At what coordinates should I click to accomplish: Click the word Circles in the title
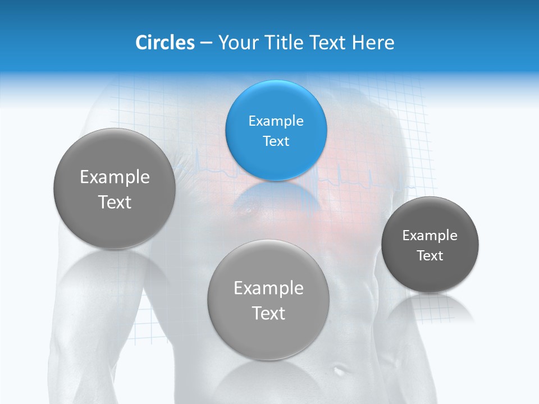point(165,43)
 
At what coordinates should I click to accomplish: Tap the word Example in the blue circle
point(276,121)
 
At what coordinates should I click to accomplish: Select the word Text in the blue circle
point(276,141)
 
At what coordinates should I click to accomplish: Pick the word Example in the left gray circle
point(115,177)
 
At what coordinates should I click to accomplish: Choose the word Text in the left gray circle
point(115,202)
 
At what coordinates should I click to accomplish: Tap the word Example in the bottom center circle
point(268,288)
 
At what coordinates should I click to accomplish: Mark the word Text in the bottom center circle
point(268,313)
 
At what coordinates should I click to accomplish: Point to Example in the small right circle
point(430,235)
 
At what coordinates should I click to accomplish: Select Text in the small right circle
point(430,255)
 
